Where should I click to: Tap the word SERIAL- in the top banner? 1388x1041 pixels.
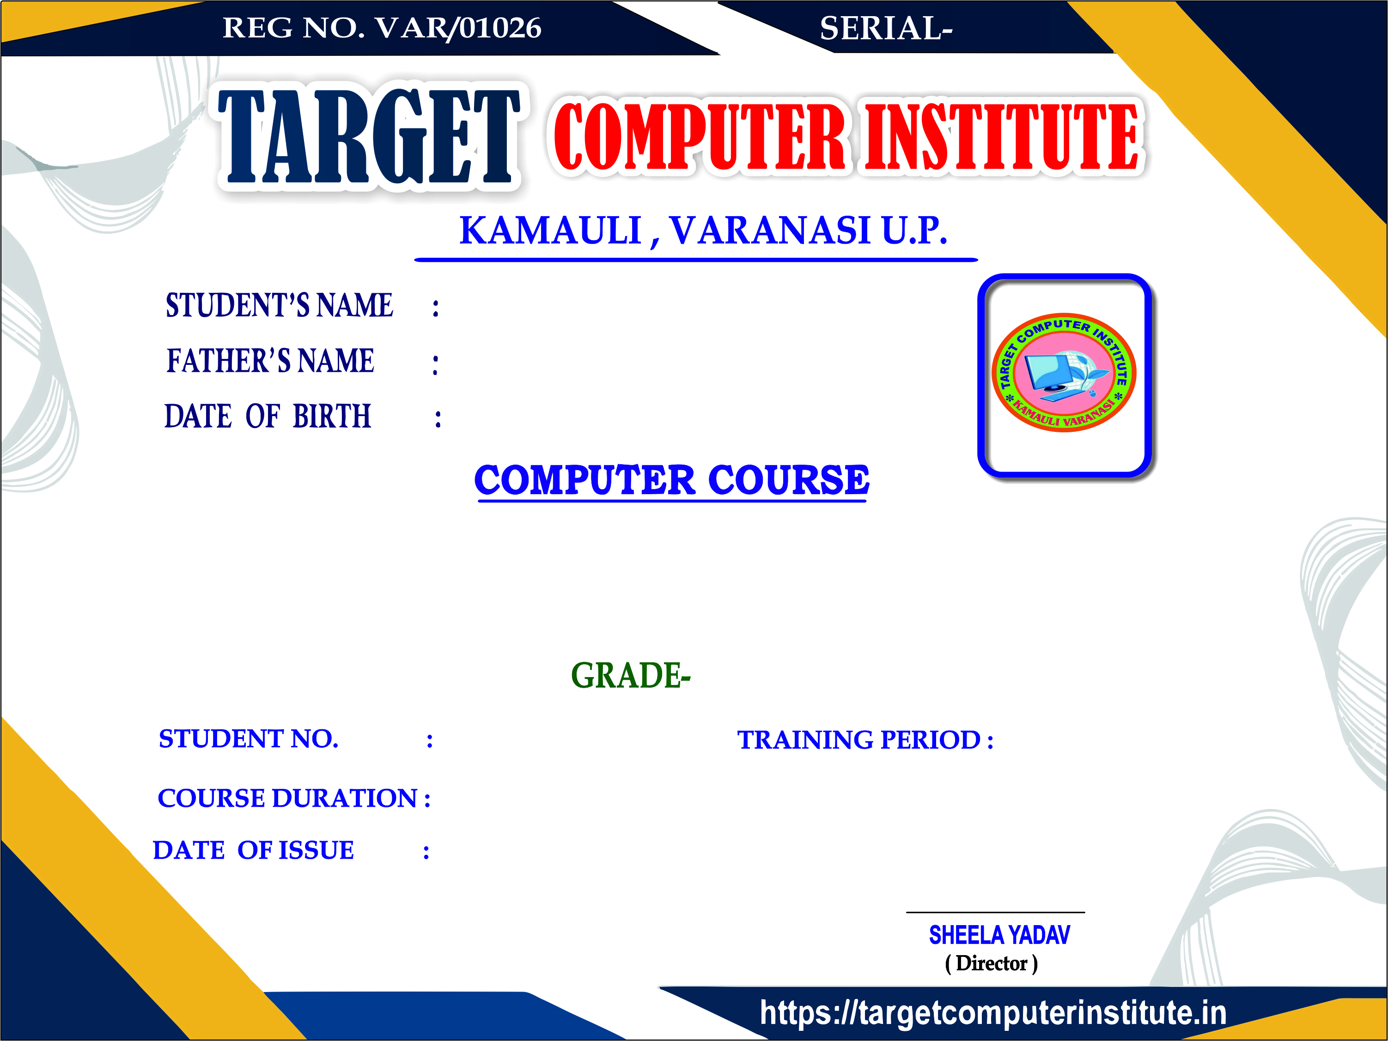[x=886, y=28]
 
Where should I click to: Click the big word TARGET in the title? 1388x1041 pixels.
[x=369, y=137]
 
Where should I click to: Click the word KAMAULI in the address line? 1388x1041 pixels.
[x=550, y=230]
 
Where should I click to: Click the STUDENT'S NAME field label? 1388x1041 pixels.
[x=279, y=305]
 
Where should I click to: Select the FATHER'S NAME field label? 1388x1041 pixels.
[x=270, y=361]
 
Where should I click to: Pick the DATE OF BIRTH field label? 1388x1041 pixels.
[x=268, y=416]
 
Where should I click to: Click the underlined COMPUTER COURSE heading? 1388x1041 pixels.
[x=671, y=481]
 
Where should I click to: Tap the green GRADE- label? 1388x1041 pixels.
[x=631, y=675]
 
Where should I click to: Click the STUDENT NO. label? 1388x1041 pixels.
[x=249, y=739]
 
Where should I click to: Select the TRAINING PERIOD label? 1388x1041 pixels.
[x=858, y=740]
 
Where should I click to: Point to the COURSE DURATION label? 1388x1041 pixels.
[x=287, y=799]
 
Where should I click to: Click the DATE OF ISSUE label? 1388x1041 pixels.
[x=254, y=850]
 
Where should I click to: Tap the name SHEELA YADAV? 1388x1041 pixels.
[x=999, y=936]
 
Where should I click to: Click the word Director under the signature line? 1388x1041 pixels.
[x=992, y=963]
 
